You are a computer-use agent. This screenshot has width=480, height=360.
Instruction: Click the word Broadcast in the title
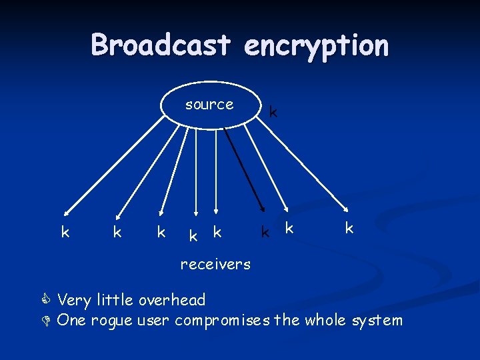pos(162,45)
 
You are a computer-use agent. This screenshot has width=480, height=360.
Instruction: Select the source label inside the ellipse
pos(209,104)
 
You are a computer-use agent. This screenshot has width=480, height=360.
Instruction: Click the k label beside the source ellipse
pos(273,112)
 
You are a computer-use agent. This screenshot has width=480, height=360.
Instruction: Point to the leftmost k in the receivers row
pos(65,232)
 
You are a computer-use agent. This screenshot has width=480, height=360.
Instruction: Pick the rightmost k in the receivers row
pos(349,228)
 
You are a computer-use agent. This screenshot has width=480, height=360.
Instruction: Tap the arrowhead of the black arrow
pos(259,207)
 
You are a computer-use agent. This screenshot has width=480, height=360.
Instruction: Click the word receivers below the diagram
pos(215,264)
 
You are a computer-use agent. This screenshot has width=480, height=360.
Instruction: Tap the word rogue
pos(111,321)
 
